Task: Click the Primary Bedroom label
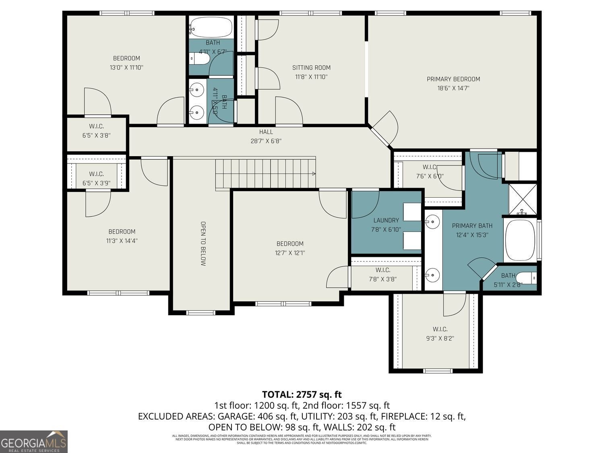tap(453, 79)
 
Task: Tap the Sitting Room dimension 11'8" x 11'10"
tap(311, 77)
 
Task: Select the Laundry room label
tap(386, 220)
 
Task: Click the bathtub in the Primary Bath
tap(520, 240)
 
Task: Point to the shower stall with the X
tap(522, 200)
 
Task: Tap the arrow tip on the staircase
tap(314, 174)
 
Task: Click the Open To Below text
tap(203, 244)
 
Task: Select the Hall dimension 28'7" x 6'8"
tap(266, 141)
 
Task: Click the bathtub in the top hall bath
tap(211, 27)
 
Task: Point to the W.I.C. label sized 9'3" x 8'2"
tap(440, 329)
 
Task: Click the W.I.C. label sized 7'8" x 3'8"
tap(383, 270)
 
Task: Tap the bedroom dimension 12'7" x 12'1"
tap(290, 253)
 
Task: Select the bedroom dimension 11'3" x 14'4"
tap(122, 241)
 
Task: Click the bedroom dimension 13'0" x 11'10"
tap(126, 67)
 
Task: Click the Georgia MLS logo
tap(34, 442)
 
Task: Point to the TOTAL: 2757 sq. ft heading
tap(302, 394)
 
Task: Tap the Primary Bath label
tap(472, 225)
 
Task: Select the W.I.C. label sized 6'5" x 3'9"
tap(96, 174)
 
